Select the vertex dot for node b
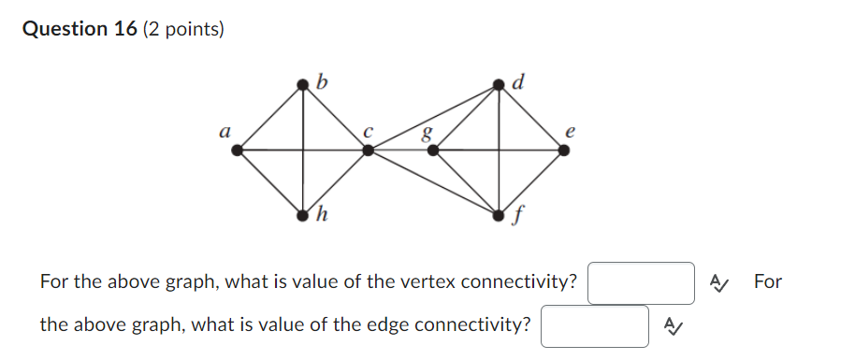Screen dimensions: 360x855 (x=302, y=84)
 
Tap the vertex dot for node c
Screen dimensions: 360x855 (x=368, y=149)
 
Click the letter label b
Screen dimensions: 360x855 (x=322, y=80)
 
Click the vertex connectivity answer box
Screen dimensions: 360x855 (x=641, y=283)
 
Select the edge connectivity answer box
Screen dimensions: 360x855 (x=595, y=326)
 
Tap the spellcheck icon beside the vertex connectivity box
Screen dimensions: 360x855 (x=718, y=282)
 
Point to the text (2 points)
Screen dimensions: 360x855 (x=183, y=30)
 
